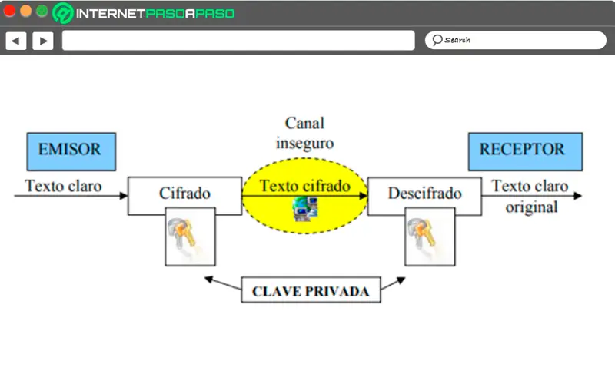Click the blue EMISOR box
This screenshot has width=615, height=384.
(71, 151)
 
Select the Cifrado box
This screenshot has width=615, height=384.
(184, 195)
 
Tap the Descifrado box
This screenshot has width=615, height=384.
(424, 195)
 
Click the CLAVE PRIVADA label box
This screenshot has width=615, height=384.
(311, 291)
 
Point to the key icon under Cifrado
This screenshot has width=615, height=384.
(190, 237)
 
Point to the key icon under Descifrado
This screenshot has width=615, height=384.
(429, 237)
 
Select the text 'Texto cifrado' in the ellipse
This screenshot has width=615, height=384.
(304, 186)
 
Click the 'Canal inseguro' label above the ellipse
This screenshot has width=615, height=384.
(305, 132)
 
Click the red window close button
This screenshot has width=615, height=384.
(10, 12)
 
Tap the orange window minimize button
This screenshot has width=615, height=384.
(25, 12)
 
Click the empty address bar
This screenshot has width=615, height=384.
(238, 40)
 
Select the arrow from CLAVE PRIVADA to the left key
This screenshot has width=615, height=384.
(223, 284)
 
